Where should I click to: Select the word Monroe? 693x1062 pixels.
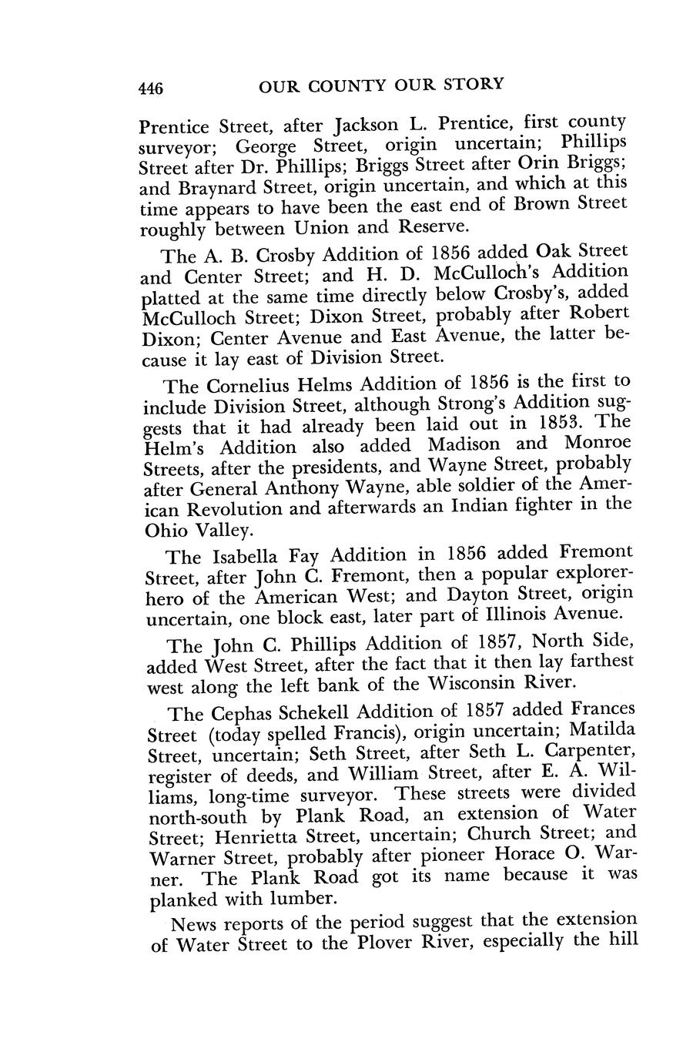(598, 443)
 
